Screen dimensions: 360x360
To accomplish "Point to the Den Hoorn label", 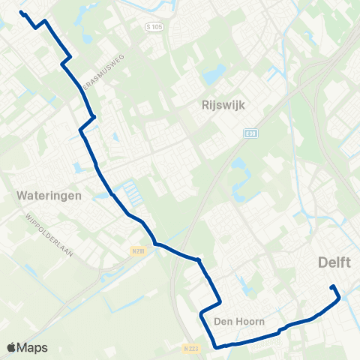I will point(239,321).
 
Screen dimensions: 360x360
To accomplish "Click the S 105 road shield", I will point(154,27).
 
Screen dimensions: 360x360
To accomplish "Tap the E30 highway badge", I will point(250,133).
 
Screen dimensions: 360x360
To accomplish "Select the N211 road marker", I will point(136,250).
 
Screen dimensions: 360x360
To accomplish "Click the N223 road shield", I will point(191,348).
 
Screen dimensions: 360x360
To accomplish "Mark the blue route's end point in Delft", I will point(332,286).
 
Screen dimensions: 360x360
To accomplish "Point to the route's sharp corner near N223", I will point(216,346).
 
